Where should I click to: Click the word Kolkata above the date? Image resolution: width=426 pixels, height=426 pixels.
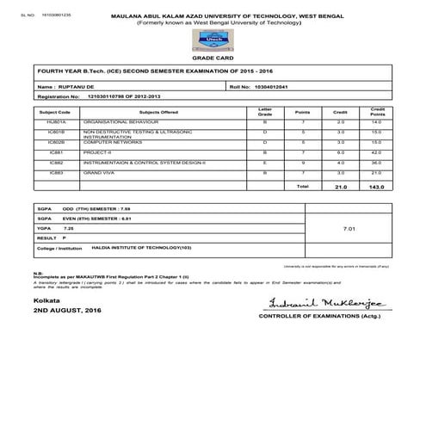[x=47, y=299]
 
